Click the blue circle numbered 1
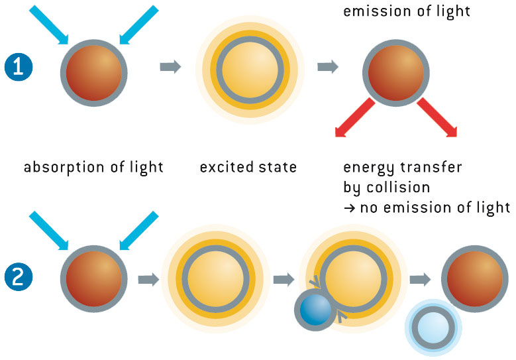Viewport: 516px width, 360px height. tap(19, 67)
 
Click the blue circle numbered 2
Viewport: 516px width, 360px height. tap(19, 276)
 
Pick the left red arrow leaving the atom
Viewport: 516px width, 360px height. tap(355, 117)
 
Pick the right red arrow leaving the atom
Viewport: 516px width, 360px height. tap(437, 117)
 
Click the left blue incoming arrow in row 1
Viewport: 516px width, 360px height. tap(49, 25)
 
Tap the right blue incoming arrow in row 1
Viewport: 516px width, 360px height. tap(139, 25)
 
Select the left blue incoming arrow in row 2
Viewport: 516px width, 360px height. tap(49, 231)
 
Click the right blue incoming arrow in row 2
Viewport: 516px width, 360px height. tap(139, 231)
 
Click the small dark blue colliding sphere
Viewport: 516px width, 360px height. tap(315, 310)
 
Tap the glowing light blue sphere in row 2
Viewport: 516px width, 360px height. tap(433, 328)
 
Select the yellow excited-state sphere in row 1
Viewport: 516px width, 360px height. tap(250, 70)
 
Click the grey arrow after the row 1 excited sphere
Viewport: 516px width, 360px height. tap(328, 67)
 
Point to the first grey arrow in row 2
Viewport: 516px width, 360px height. tap(149, 280)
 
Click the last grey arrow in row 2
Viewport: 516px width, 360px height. tap(420, 280)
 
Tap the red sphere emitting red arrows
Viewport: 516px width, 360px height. tap(396, 73)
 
